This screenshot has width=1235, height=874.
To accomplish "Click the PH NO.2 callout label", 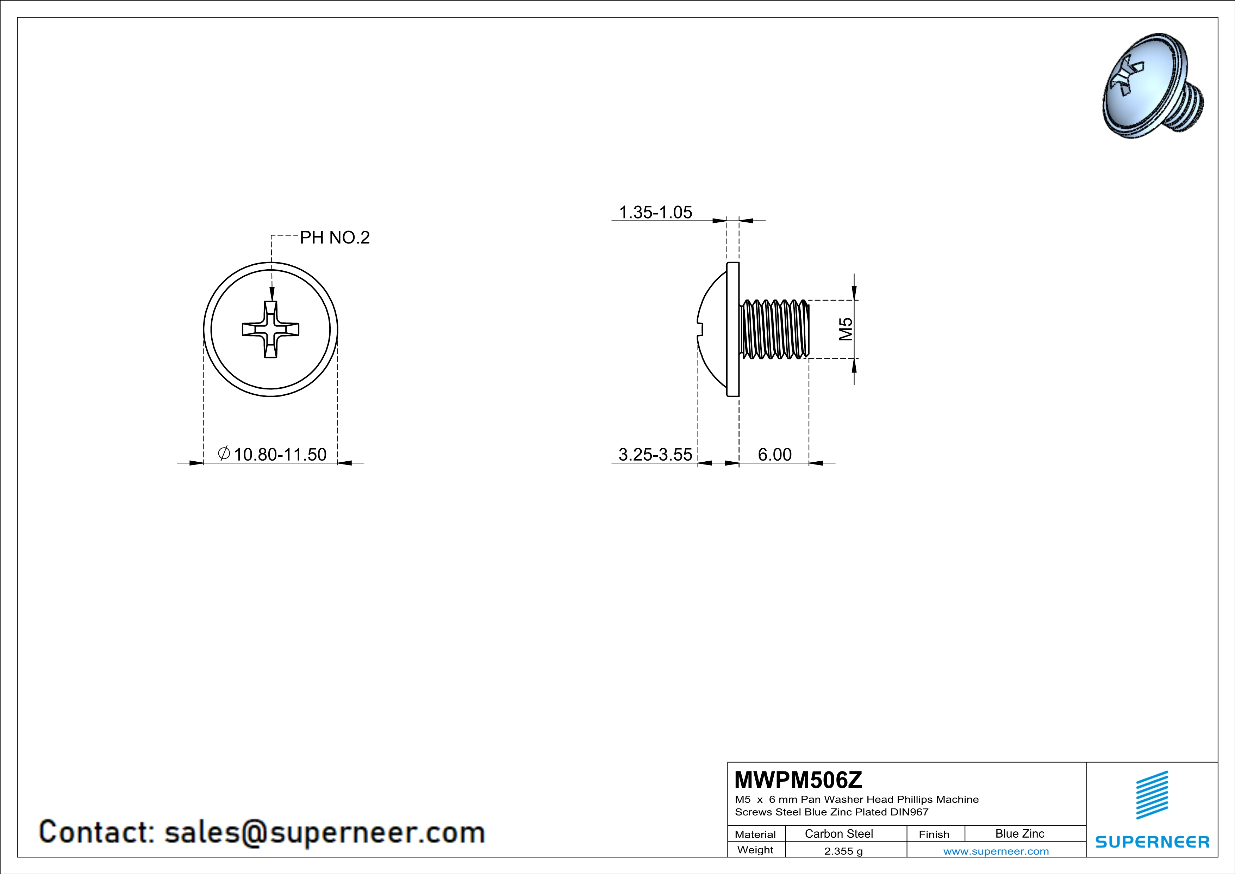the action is click(335, 237).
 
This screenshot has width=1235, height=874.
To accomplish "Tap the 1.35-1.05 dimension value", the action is click(656, 212).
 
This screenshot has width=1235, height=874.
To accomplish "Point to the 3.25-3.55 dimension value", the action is click(655, 454).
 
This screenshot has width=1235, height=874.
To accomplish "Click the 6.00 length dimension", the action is click(775, 454).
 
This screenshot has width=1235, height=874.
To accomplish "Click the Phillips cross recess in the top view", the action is click(270, 330).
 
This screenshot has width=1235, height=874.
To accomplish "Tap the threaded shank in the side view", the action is click(775, 329).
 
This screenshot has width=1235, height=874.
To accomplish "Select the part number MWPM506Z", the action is click(798, 779).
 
